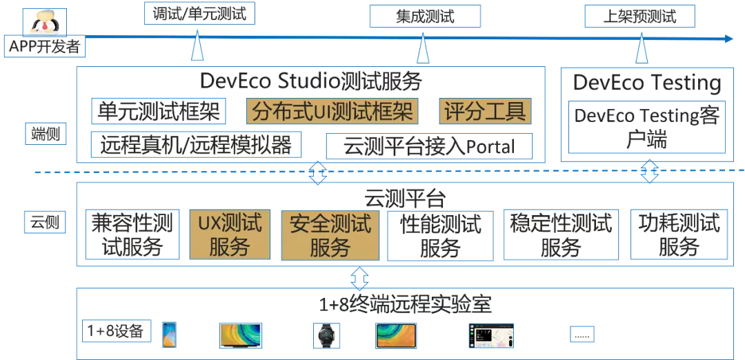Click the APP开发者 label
[44, 48]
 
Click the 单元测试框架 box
[157, 111]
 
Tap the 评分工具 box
[485, 111]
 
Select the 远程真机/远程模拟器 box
[196, 145]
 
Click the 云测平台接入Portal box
[429, 146]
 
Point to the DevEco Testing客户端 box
[646, 127]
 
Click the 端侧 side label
[48, 134]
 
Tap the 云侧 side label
[44, 222]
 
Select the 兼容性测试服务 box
[132, 234]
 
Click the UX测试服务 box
[230, 234]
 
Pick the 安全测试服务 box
[330, 235]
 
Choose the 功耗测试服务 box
[679, 234]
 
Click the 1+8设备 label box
[116, 331]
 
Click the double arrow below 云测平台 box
[359, 278]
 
